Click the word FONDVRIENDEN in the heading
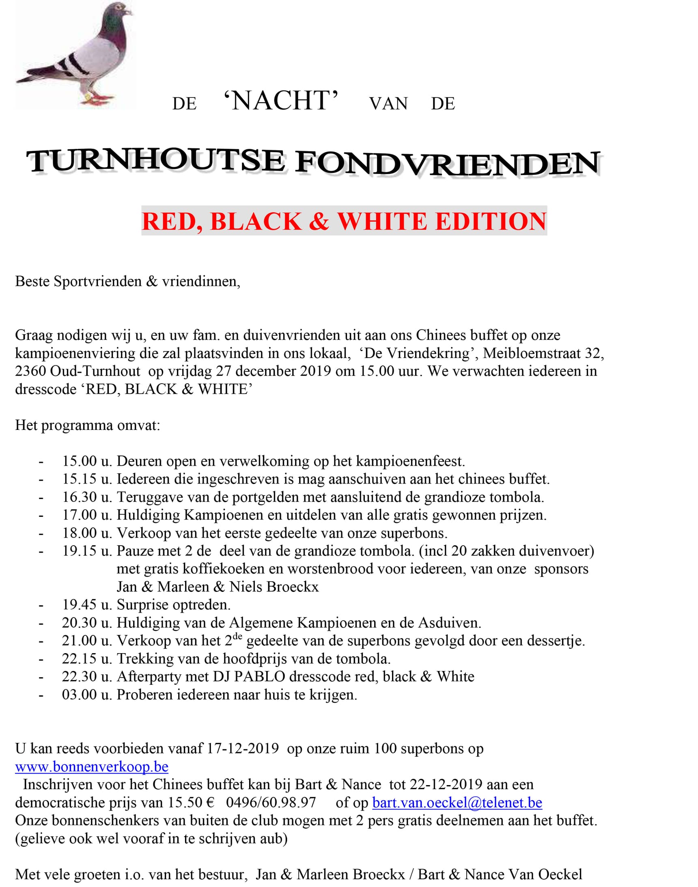point(448,163)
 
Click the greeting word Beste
point(32,281)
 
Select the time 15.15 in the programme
point(79,479)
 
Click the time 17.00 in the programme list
point(79,515)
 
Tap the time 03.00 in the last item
point(79,695)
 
